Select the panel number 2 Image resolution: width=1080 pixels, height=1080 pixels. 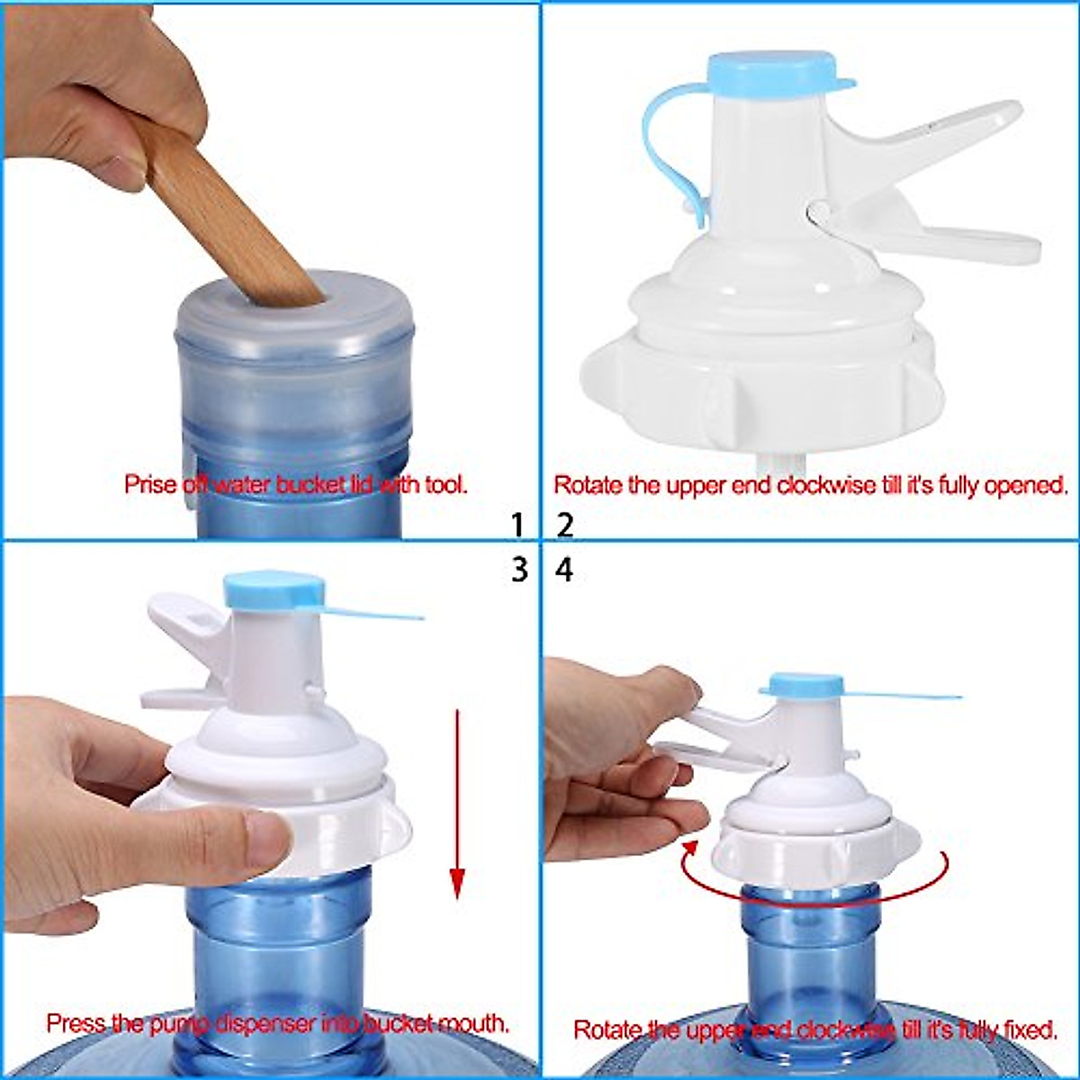(564, 524)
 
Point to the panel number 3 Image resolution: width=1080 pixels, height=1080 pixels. (518, 570)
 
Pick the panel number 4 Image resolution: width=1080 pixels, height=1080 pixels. (564, 570)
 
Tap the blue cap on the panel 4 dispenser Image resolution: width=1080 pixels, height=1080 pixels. (802, 686)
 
